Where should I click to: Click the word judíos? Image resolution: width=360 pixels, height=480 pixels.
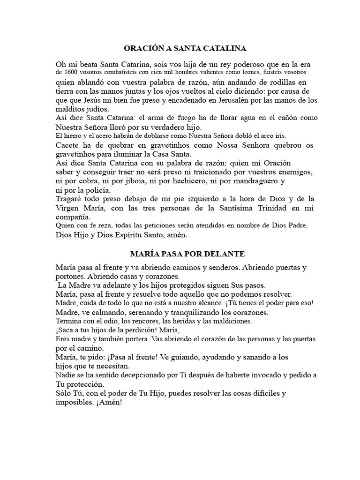(94, 109)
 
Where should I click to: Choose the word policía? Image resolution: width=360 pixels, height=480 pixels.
(96, 190)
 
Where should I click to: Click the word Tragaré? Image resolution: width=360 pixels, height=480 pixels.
(69, 199)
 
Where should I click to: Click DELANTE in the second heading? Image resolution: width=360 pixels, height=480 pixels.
(223, 254)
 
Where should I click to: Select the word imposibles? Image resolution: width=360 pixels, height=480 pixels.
(73, 402)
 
